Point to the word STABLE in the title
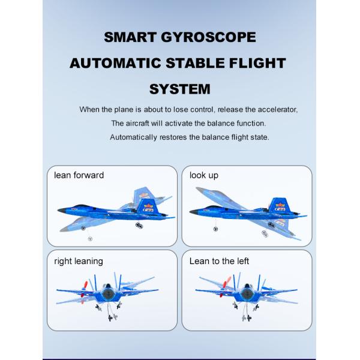click(x=206, y=63)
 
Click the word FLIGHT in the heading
click(x=262, y=63)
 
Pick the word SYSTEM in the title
click(x=179, y=89)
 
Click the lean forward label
click(x=79, y=175)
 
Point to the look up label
click(x=204, y=175)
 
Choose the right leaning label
click(x=78, y=261)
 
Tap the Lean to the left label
click(x=219, y=261)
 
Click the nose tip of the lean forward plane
click(x=58, y=211)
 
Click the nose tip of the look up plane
click(x=191, y=211)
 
